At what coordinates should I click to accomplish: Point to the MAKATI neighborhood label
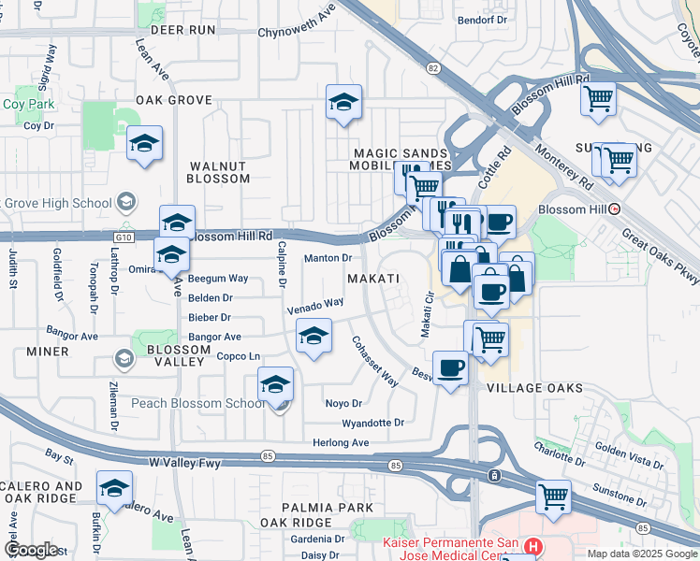coord(373,279)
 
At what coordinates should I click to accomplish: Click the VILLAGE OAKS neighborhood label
coord(534,387)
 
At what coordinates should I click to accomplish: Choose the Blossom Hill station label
coord(582,209)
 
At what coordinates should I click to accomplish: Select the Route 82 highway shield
coord(432,68)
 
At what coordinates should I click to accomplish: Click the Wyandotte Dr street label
coord(372,423)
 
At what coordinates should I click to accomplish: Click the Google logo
coord(32,550)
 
